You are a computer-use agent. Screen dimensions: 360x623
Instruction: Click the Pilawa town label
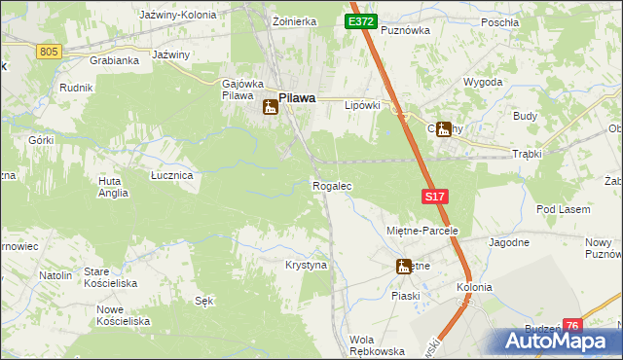coord(297,97)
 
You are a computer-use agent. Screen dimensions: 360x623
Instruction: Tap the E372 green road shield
coord(360,21)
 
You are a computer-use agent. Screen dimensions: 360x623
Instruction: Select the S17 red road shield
coord(435,197)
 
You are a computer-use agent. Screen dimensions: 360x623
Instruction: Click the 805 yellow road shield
coord(50,51)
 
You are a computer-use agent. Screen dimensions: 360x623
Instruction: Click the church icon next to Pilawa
coord(270,106)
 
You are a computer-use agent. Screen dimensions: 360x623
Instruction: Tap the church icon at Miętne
coord(403,266)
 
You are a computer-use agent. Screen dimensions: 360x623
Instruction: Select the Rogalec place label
coord(331,185)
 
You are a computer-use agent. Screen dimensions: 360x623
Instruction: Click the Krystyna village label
coord(306,265)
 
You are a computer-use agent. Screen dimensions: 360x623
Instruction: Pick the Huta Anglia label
coord(113,187)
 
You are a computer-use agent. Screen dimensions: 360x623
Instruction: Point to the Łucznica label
coord(171,175)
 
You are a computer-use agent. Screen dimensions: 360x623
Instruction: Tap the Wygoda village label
coord(483,82)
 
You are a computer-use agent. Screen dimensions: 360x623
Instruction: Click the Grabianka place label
coord(114,59)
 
